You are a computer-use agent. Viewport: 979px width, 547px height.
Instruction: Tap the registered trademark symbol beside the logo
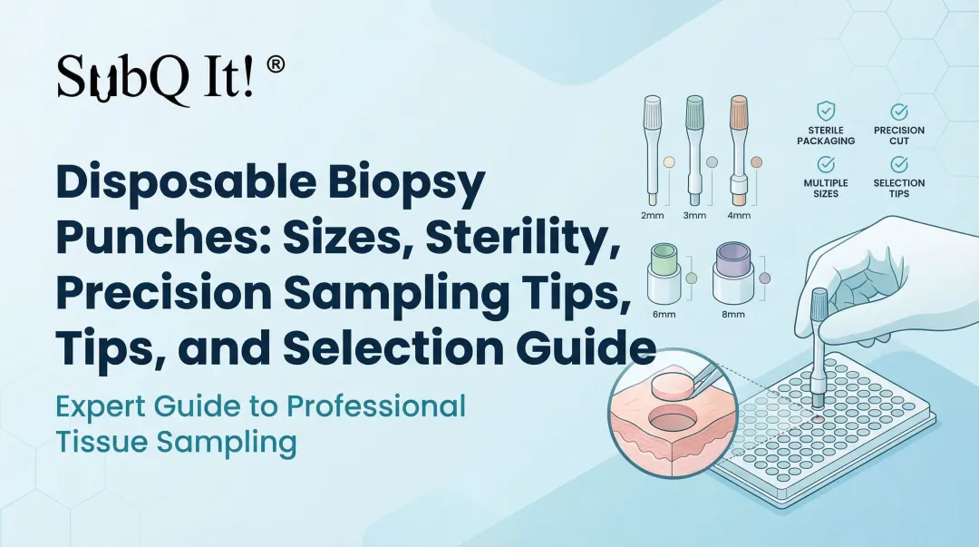coord(276,64)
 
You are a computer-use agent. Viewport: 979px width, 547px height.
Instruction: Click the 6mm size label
coord(658,314)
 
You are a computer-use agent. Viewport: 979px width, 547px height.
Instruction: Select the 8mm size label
coord(732,314)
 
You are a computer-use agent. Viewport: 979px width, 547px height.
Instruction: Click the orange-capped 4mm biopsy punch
coord(740,150)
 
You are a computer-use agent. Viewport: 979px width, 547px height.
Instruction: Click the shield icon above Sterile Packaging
coord(826,112)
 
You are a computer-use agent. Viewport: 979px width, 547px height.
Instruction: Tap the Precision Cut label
coord(898,135)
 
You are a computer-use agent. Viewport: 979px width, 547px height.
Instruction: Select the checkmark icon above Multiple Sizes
coord(826,164)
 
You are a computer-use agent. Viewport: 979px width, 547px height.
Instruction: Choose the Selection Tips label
coord(898,188)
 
